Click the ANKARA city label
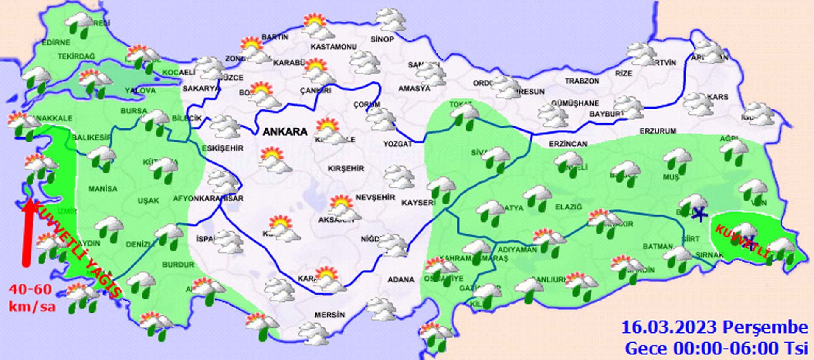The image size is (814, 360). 285,132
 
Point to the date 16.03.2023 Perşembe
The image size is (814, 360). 714,327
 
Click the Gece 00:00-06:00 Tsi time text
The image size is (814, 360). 716,349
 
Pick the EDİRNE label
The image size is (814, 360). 56,42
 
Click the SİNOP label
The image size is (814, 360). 382,39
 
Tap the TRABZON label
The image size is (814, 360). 582,81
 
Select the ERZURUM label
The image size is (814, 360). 658,131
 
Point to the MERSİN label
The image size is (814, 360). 329,315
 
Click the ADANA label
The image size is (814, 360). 401,279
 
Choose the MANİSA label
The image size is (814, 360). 103,188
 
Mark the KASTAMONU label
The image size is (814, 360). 334,47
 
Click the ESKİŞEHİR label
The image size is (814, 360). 223,148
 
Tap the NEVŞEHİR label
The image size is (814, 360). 375,197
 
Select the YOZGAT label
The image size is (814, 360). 398,144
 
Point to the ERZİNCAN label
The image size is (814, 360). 568,144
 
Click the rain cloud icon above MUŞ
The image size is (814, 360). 677,160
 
